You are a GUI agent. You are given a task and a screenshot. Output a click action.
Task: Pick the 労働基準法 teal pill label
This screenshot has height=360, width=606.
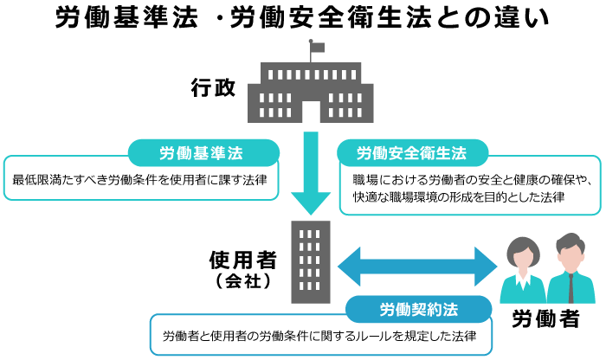click(x=203, y=153)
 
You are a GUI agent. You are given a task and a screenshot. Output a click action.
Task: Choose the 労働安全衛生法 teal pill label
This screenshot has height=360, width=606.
click(x=411, y=153)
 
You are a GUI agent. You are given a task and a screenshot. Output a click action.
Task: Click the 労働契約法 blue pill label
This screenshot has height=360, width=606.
click(x=418, y=309)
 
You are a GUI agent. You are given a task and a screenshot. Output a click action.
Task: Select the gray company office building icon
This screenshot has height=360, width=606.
click(x=311, y=260)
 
